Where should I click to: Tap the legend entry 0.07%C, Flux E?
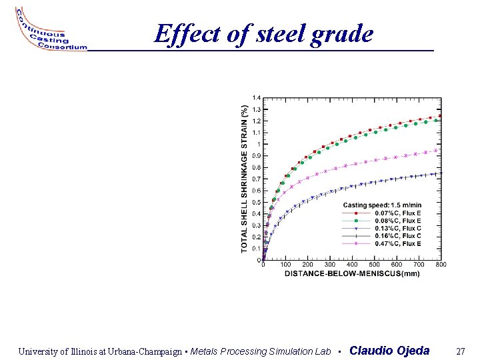click(x=397, y=213)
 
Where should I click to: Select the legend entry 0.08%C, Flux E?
click(x=397, y=221)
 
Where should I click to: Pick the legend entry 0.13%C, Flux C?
click(x=397, y=228)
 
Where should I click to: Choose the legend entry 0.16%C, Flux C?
click(x=397, y=236)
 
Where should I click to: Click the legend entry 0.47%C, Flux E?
click(x=397, y=244)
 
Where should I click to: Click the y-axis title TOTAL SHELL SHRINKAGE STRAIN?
click(x=244, y=177)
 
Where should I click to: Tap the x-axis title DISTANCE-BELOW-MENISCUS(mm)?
click(x=352, y=273)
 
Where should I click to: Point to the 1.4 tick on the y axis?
click(x=257, y=98)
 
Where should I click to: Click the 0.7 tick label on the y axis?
click(x=257, y=179)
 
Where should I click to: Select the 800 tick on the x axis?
click(x=441, y=265)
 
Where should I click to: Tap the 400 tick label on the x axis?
click(x=352, y=265)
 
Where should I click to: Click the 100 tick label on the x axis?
click(x=285, y=265)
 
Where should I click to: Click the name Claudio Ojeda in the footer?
click(x=389, y=351)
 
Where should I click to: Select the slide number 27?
click(x=460, y=351)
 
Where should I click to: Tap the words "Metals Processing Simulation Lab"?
click(x=261, y=351)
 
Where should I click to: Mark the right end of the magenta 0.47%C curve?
click(x=437, y=150)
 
